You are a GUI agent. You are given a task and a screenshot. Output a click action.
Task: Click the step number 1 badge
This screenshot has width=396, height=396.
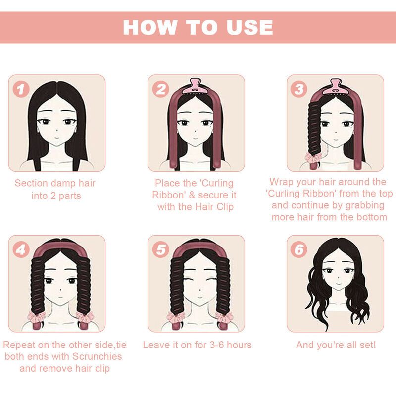[21, 89]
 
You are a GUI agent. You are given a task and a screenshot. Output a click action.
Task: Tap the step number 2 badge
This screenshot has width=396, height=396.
[161, 89]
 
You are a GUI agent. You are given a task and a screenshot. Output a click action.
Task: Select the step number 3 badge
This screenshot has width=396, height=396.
[299, 89]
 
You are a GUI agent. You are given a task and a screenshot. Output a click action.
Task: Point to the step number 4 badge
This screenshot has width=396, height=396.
[21, 249]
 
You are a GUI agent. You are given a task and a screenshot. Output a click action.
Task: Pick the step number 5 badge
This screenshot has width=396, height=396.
[161, 249]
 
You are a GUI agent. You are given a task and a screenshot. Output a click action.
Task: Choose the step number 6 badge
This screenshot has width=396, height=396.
[299, 249]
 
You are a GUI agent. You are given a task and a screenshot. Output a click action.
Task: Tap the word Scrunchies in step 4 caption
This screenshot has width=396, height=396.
[97, 356]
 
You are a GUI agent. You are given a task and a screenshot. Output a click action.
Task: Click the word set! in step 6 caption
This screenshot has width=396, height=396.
[367, 345]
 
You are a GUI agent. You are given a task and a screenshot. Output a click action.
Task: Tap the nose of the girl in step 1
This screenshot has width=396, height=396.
[57, 130]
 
